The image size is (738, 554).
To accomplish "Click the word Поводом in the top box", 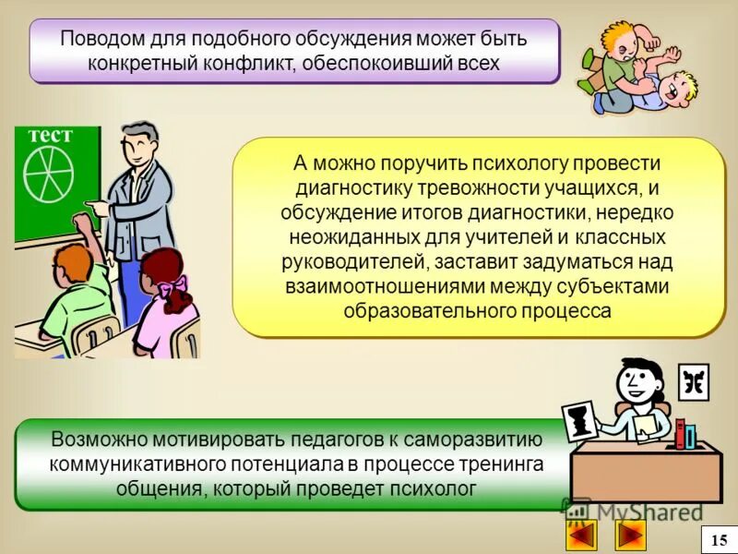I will pyautogui.click(x=97, y=40).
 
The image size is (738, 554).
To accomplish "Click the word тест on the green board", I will pyautogui.click(x=49, y=135).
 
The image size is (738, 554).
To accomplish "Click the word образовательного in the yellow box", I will pyautogui.click(x=418, y=311).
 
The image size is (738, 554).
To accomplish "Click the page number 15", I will pyautogui.click(x=719, y=540).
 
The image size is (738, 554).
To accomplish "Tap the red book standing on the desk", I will pyautogui.click(x=680, y=434).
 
